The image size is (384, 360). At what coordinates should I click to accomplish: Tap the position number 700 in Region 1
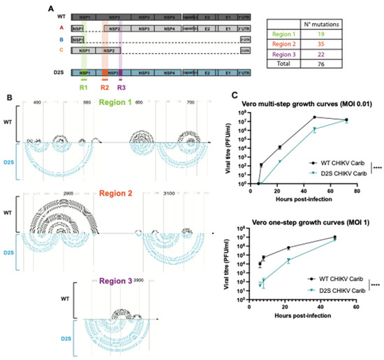189,112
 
